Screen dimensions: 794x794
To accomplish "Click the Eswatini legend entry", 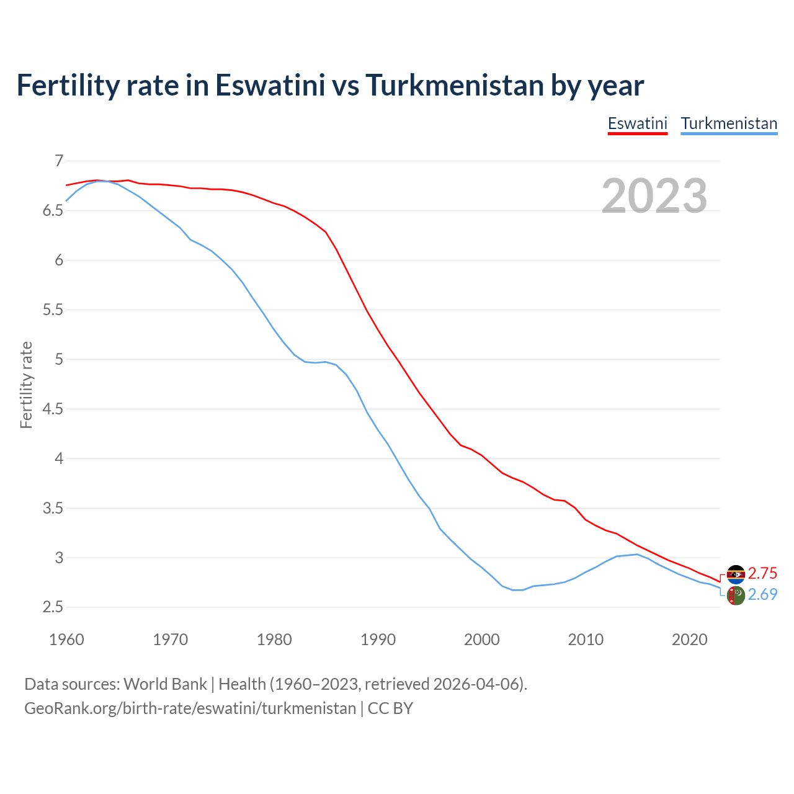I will tap(637, 123).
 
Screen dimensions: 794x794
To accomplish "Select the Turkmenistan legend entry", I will tap(729, 123).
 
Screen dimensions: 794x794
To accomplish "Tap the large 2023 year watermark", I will tap(654, 196).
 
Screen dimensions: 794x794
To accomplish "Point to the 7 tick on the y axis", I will tap(59, 161).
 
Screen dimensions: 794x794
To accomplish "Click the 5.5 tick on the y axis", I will tap(53, 310).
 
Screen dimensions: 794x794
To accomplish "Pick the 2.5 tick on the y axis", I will tap(53, 607).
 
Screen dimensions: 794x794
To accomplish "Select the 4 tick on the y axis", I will tap(59, 458).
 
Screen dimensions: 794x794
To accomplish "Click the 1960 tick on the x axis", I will tap(66, 640).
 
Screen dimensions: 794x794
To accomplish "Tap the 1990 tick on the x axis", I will tap(378, 640).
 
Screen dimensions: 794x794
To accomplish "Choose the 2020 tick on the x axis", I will tap(689, 640).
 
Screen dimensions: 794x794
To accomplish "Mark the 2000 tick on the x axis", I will tap(481, 640).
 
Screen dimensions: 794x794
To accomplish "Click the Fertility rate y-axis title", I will tap(26, 385).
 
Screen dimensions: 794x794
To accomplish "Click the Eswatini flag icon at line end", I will tap(736, 574).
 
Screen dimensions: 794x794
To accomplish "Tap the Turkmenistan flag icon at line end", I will tap(736, 595).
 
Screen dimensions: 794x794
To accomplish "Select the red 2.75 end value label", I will tap(762, 573).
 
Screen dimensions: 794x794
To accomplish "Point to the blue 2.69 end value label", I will tap(762, 594).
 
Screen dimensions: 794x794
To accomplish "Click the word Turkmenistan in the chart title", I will tap(454, 85).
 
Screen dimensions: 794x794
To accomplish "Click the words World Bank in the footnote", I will tap(165, 684).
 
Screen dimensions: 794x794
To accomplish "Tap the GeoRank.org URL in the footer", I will tap(190, 708).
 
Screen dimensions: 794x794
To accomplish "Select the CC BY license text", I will tap(390, 708).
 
